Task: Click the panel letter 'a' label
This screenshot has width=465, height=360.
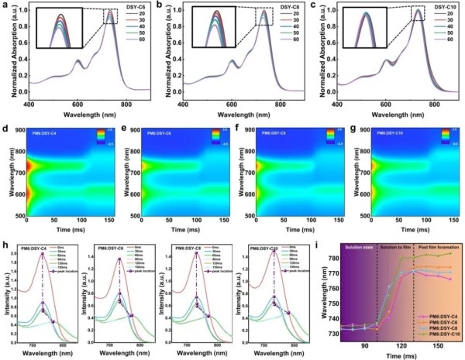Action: click(5, 5)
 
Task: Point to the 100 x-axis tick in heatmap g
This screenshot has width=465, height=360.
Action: click(421, 218)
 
